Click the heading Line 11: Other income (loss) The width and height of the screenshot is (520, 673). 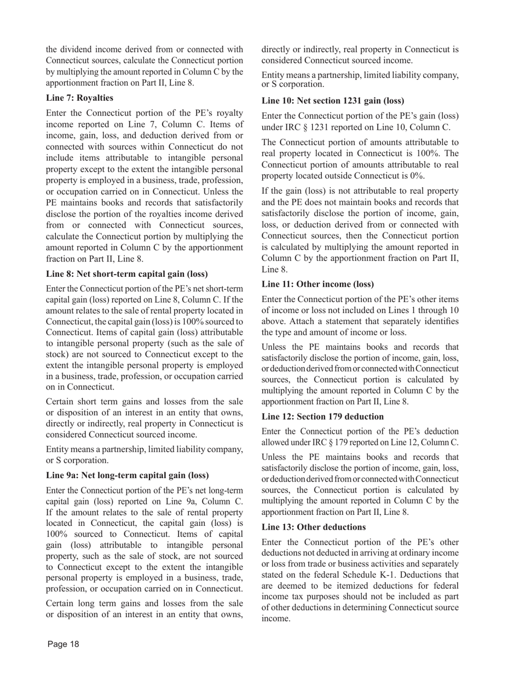click(x=317, y=284)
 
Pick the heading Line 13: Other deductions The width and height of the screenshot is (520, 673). click(x=314, y=527)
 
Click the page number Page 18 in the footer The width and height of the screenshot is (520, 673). click(x=63, y=644)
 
